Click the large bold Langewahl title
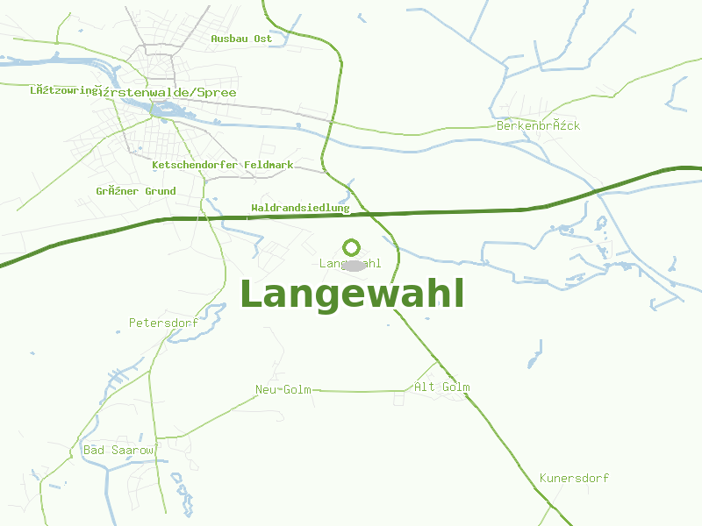pos(352,295)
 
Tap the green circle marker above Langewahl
pos(351,247)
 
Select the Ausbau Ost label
pos(241,39)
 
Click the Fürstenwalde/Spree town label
pos(167,92)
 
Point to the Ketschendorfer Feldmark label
pos(222,165)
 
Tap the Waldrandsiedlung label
pos(300,208)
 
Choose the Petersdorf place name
pos(163,323)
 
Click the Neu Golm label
pos(283,389)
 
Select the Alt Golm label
pos(441,387)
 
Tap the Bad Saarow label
pos(118,450)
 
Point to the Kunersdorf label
pos(574,478)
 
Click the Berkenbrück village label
pos(538,125)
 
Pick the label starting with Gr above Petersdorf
pos(136,190)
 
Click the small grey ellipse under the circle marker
pos(353,266)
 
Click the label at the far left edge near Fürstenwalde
pos(61,89)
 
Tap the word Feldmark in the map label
pos(269,165)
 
